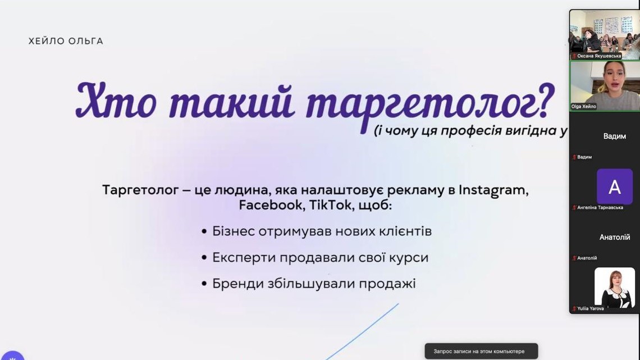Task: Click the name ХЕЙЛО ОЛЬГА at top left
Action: pyautogui.click(x=66, y=41)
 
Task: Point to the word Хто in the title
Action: pyautogui.click(x=116, y=99)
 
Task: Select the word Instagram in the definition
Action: pyautogui.click(x=493, y=190)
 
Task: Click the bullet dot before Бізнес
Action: pyautogui.click(x=204, y=232)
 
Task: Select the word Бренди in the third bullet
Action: pyautogui.click(x=237, y=284)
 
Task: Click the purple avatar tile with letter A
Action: pyautogui.click(x=614, y=186)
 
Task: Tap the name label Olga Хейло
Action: pyautogui.click(x=584, y=107)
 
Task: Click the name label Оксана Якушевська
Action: pyautogui.click(x=599, y=56)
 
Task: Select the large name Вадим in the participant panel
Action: pyautogui.click(x=615, y=136)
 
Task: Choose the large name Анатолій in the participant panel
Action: pyautogui.click(x=615, y=237)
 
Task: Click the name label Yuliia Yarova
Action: pyautogui.click(x=590, y=308)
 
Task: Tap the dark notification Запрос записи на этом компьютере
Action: pyautogui.click(x=481, y=351)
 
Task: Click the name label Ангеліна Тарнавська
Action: pyautogui.click(x=600, y=207)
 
